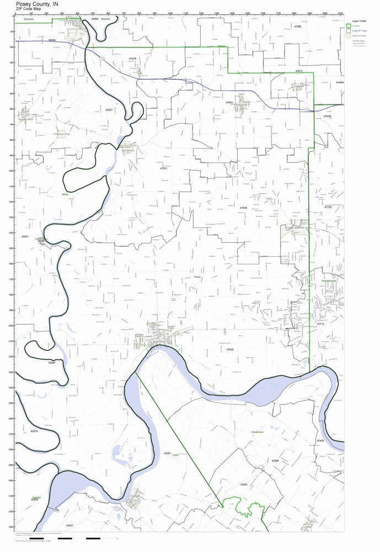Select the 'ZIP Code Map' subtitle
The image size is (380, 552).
coord(27,9)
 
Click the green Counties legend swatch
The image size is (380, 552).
coord(348,26)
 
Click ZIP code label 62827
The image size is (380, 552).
coord(109,110)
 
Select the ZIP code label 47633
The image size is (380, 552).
coord(229,103)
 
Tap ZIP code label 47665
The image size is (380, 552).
coord(298,26)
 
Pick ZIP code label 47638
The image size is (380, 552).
coord(243,208)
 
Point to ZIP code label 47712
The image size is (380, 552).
coord(320,324)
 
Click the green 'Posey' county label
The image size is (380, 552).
coord(197,277)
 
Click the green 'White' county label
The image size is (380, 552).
coord(65,194)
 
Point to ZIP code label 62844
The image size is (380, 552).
coord(52,40)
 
